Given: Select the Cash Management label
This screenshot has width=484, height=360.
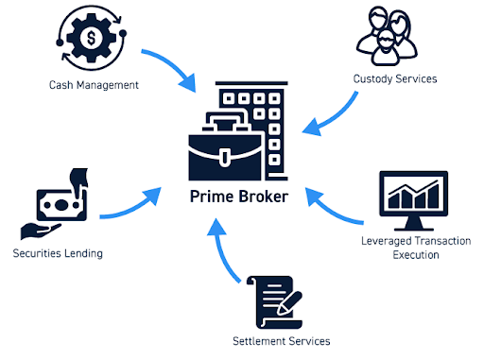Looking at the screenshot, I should pyautogui.click(x=94, y=85).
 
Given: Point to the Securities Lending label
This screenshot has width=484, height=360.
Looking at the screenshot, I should pyautogui.click(x=58, y=253).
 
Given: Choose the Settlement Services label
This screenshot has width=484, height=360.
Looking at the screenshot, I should pyautogui.click(x=282, y=340).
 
